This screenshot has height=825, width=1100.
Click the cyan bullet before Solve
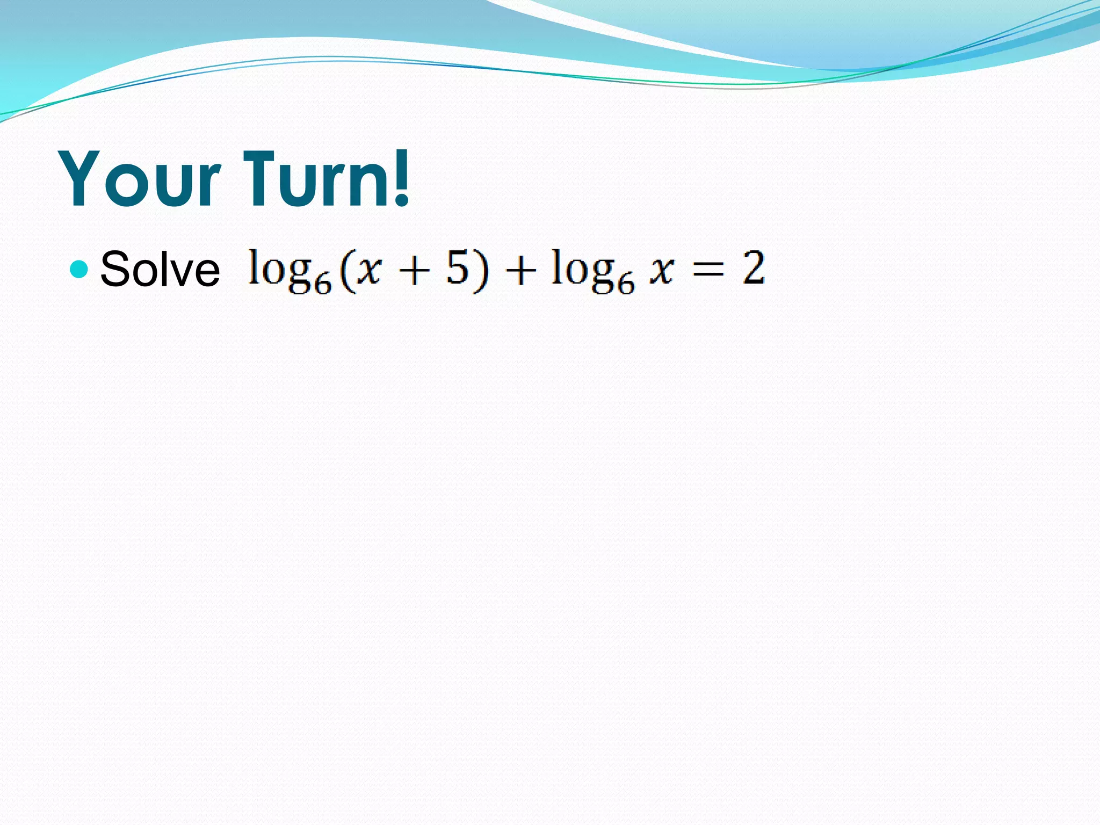(79, 269)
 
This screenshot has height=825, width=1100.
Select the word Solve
(160, 270)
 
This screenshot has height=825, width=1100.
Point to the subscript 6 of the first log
(322, 283)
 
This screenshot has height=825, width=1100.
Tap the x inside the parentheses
(370, 270)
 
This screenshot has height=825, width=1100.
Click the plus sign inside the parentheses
(414, 270)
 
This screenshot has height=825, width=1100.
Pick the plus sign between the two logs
(520, 270)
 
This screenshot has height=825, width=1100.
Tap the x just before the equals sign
(661, 270)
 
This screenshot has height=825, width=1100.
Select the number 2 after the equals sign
(754, 267)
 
